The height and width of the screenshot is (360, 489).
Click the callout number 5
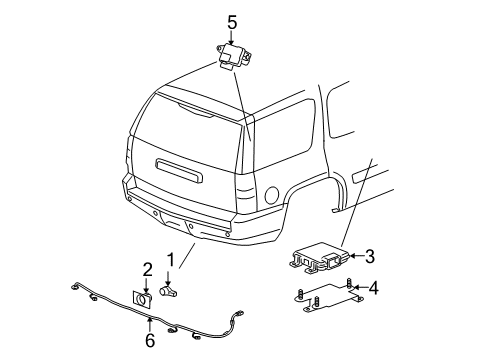[x=231, y=20]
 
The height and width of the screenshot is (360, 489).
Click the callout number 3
[x=369, y=256]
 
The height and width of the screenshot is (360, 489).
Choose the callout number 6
[x=149, y=340]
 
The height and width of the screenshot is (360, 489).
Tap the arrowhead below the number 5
[x=231, y=41]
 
